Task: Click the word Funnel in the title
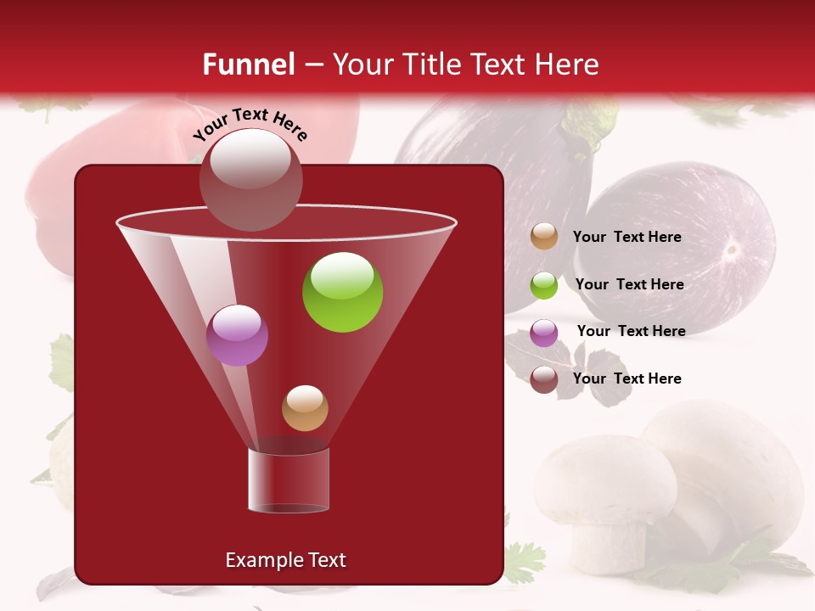click(249, 64)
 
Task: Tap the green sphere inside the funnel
click(342, 292)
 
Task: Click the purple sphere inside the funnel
click(237, 335)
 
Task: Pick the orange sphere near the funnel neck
click(305, 407)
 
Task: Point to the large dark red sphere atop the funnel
click(250, 180)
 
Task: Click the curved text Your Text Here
click(250, 123)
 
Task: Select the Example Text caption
click(285, 560)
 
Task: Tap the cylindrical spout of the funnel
click(289, 479)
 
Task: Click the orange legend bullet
click(544, 237)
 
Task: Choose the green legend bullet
click(544, 285)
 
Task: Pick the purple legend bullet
click(544, 333)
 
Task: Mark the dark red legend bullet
click(544, 379)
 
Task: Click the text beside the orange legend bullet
click(627, 238)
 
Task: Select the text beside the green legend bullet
click(629, 285)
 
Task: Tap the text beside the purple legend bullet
click(631, 332)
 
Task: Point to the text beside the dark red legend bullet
click(627, 378)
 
